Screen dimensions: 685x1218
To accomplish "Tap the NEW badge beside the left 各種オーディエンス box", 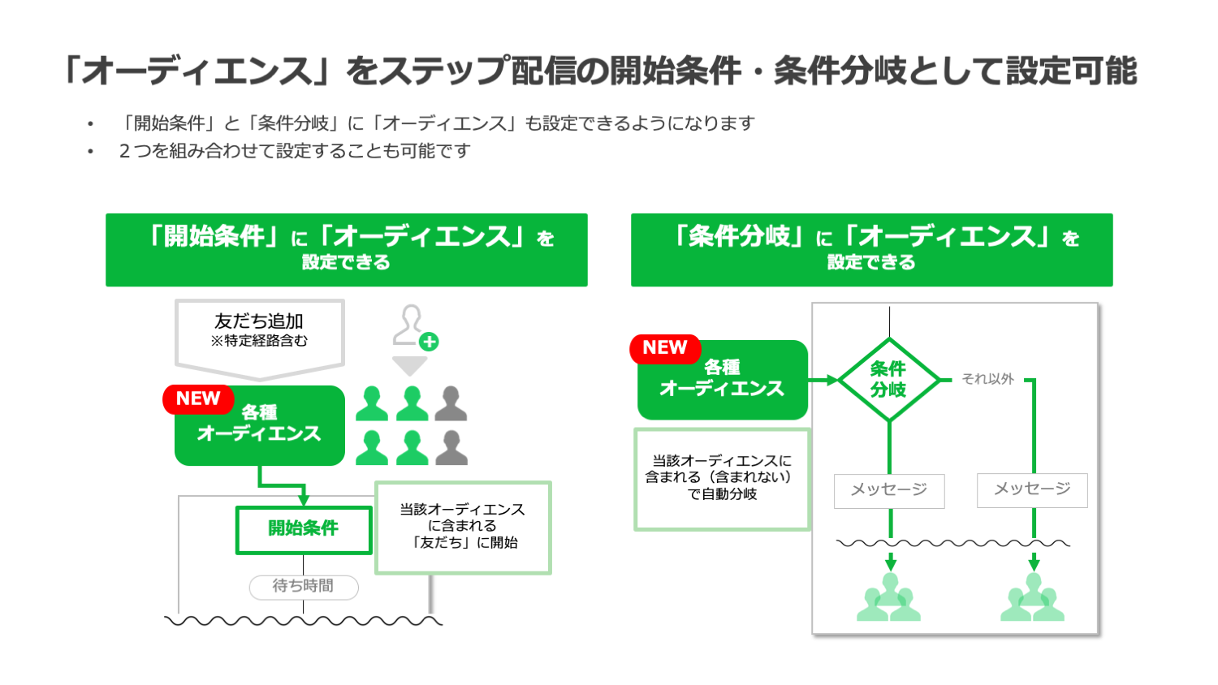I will [x=198, y=399].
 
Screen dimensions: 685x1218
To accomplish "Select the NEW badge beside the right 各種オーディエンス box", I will [x=665, y=348].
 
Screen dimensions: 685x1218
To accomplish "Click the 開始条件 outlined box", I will [x=304, y=529].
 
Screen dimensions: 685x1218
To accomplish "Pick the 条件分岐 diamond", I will [x=889, y=379].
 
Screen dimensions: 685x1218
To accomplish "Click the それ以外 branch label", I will [x=987, y=379].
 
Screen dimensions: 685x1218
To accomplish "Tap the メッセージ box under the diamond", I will [x=889, y=490].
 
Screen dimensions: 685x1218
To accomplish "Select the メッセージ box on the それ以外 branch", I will [x=1032, y=489].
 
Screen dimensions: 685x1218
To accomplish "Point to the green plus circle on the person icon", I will [x=430, y=342].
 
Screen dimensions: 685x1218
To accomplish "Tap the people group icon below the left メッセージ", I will [x=889, y=599].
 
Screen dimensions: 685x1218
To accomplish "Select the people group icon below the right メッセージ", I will [x=1032, y=599].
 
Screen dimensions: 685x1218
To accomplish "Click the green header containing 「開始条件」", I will [x=346, y=249].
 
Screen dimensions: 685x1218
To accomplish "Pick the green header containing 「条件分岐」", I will [x=871, y=249].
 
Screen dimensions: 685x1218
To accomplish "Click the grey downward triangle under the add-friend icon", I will [x=410, y=365].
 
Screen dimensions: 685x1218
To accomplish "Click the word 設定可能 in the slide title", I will [x=1072, y=71].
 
